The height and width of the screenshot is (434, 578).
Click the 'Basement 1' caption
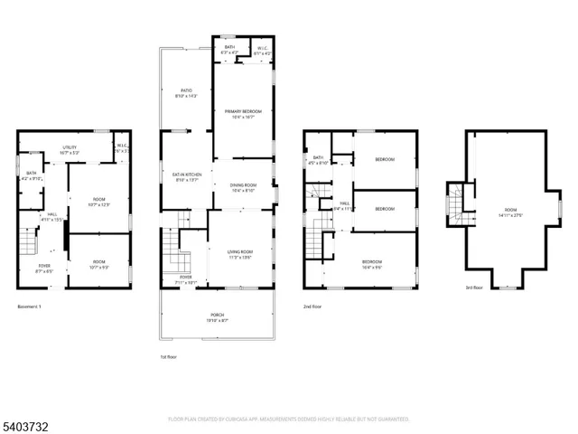click(x=30, y=307)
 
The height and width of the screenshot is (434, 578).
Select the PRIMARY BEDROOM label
click(x=241, y=113)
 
